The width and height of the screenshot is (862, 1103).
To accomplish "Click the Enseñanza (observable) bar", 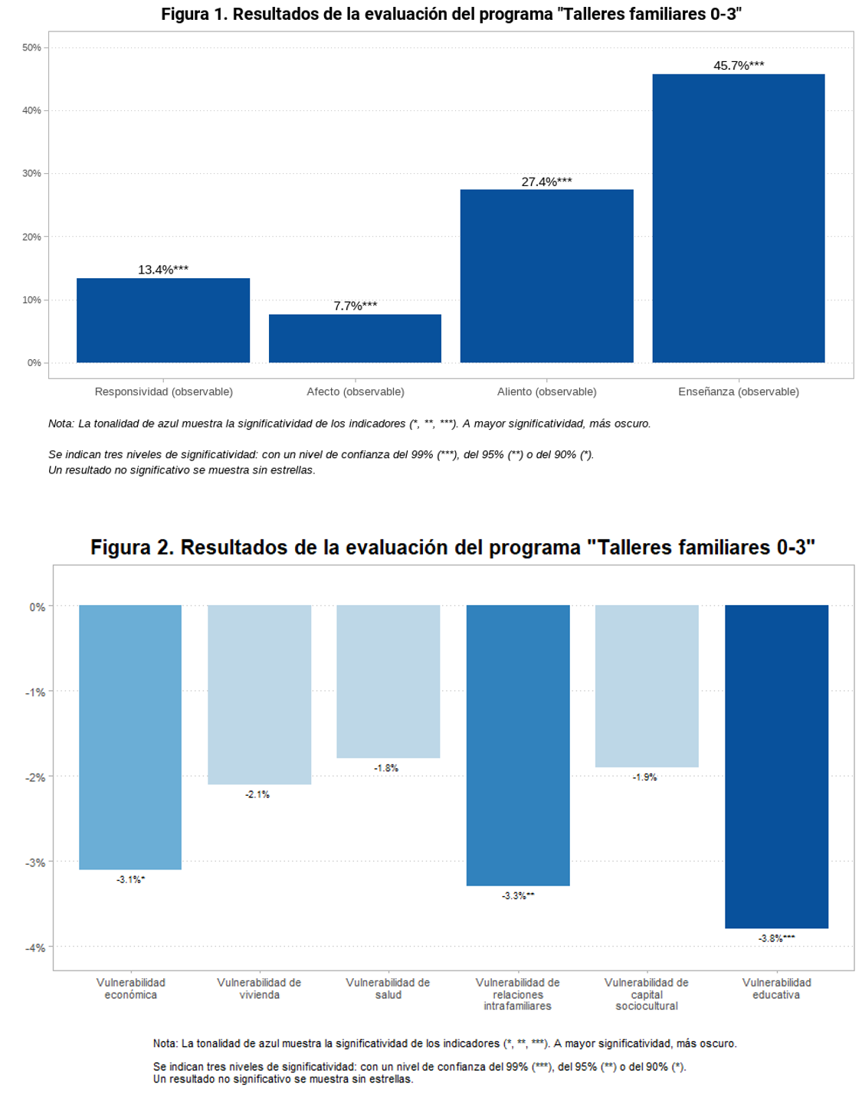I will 738,218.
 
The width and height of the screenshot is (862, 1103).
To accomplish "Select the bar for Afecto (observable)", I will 355,338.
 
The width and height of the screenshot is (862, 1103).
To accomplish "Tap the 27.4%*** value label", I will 546,182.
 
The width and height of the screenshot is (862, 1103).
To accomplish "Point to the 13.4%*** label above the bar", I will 163,270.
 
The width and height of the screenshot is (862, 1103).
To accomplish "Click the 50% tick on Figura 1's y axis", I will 31,47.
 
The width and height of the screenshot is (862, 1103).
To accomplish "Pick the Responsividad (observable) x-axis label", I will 163,391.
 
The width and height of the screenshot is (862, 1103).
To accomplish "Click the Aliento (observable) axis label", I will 546,391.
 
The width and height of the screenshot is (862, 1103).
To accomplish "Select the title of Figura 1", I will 451,14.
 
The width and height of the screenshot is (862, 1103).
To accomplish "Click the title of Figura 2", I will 452,547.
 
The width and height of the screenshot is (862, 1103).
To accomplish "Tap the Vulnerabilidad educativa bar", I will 776,766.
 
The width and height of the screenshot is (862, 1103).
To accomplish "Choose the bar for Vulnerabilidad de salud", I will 388,682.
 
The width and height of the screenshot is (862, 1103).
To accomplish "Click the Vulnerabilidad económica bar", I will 130,737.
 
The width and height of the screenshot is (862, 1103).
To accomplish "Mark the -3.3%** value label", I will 518,895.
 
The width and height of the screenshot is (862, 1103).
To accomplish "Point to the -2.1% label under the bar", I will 257,794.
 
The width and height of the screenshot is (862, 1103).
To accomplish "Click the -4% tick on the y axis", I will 35,948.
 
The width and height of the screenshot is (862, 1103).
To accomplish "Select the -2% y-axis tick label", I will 35,777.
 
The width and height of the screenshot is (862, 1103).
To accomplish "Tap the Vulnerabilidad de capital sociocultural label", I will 647,993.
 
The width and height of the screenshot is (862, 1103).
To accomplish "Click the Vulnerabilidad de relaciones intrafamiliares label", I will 518,993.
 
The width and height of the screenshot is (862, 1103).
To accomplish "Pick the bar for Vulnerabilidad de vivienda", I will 259,695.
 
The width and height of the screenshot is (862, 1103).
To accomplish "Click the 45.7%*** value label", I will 739,65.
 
